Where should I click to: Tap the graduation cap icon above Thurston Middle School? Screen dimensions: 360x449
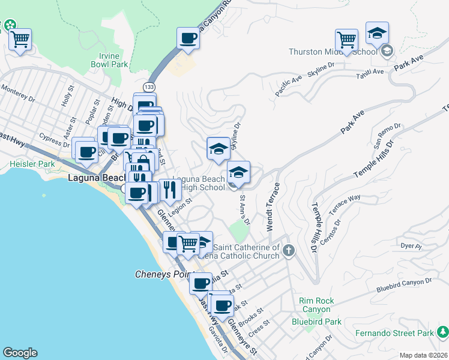[x=377, y=33]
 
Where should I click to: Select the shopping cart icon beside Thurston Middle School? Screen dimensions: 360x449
[x=346, y=40]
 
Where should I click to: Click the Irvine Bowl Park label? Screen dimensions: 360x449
[x=110, y=58]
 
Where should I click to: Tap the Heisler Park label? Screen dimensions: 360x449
[x=32, y=164]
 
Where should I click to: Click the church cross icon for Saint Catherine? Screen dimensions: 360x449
[x=289, y=250]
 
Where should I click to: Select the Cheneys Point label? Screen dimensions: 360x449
[x=160, y=275]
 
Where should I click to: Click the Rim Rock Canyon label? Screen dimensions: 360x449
[x=316, y=304]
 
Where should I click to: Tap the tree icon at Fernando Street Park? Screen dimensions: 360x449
[x=443, y=331]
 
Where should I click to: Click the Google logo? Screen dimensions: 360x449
[x=20, y=353]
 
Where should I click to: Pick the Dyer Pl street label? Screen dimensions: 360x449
[x=411, y=245]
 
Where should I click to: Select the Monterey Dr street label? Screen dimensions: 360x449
[x=19, y=89]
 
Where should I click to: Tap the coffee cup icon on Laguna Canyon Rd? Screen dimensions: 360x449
[x=188, y=39]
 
